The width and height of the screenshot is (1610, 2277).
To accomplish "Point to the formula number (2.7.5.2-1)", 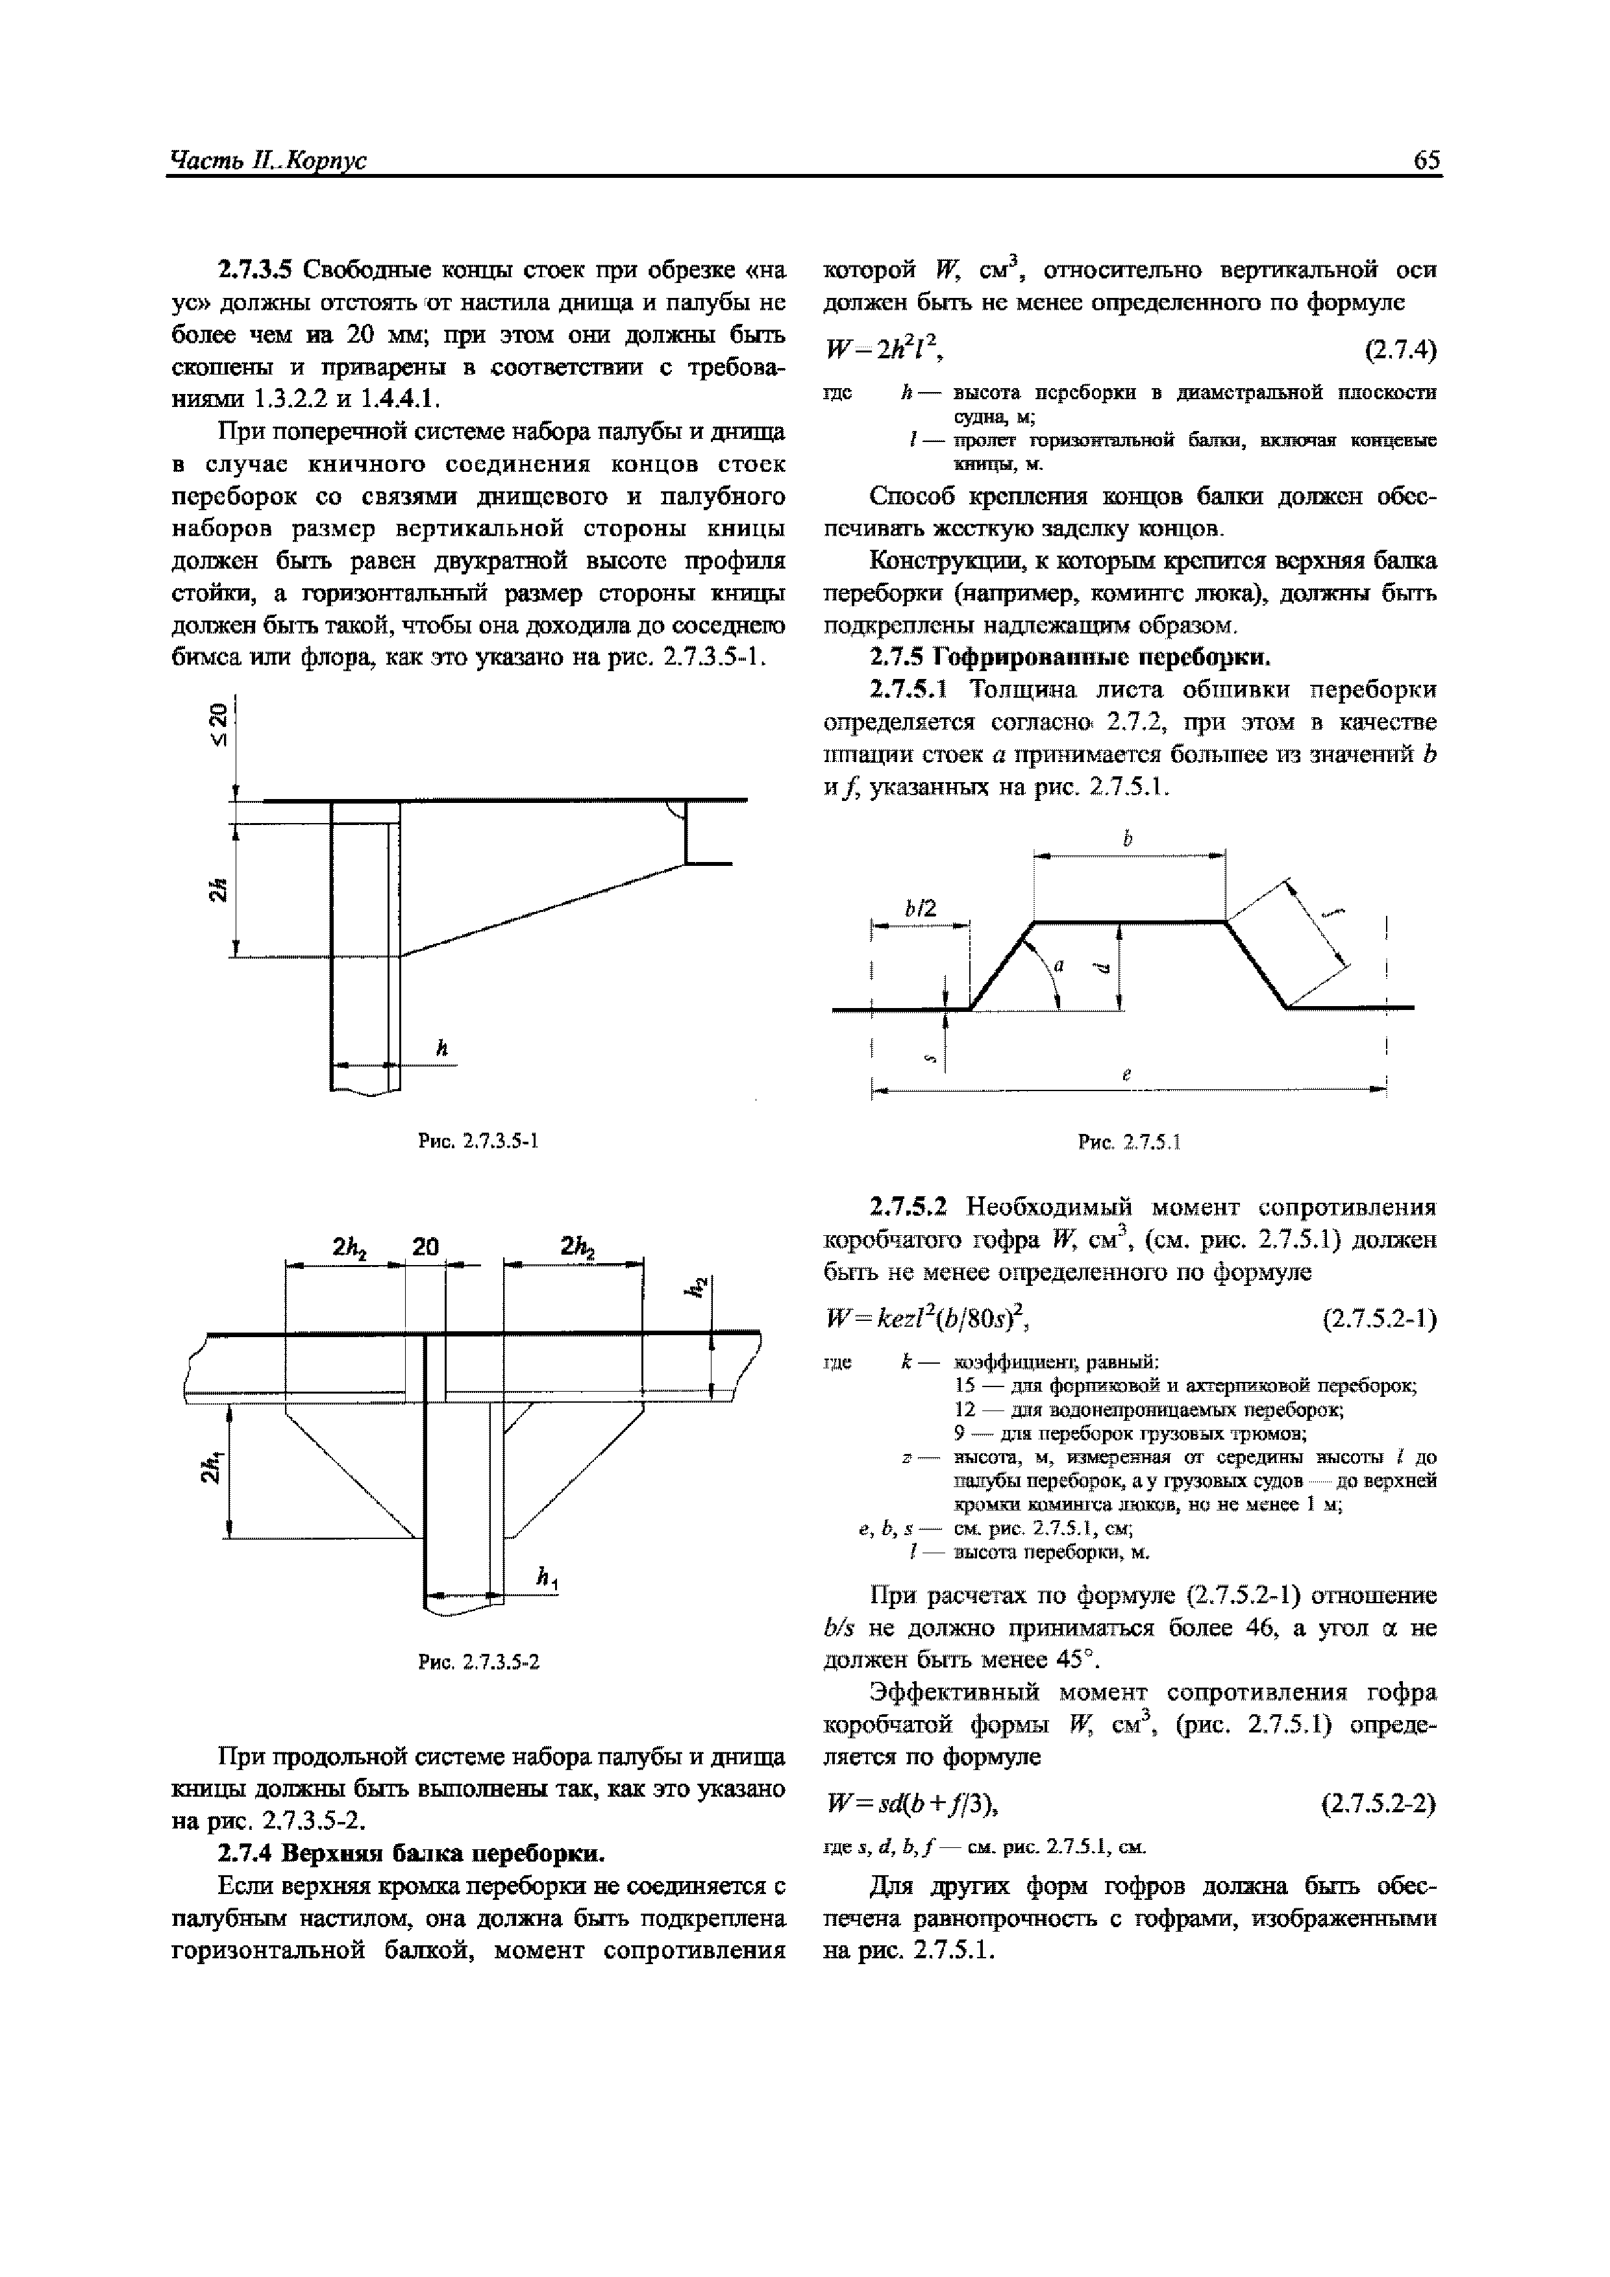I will pyautogui.click(x=1379, y=1320).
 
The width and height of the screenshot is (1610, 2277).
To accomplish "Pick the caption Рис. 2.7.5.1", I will pyautogui.click(x=1128, y=1142).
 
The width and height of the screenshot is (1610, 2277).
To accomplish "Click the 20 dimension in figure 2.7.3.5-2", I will pyautogui.click(x=426, y=1248).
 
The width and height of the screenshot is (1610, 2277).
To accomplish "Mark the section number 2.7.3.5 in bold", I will pyautogui.click(x=256, y=270).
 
